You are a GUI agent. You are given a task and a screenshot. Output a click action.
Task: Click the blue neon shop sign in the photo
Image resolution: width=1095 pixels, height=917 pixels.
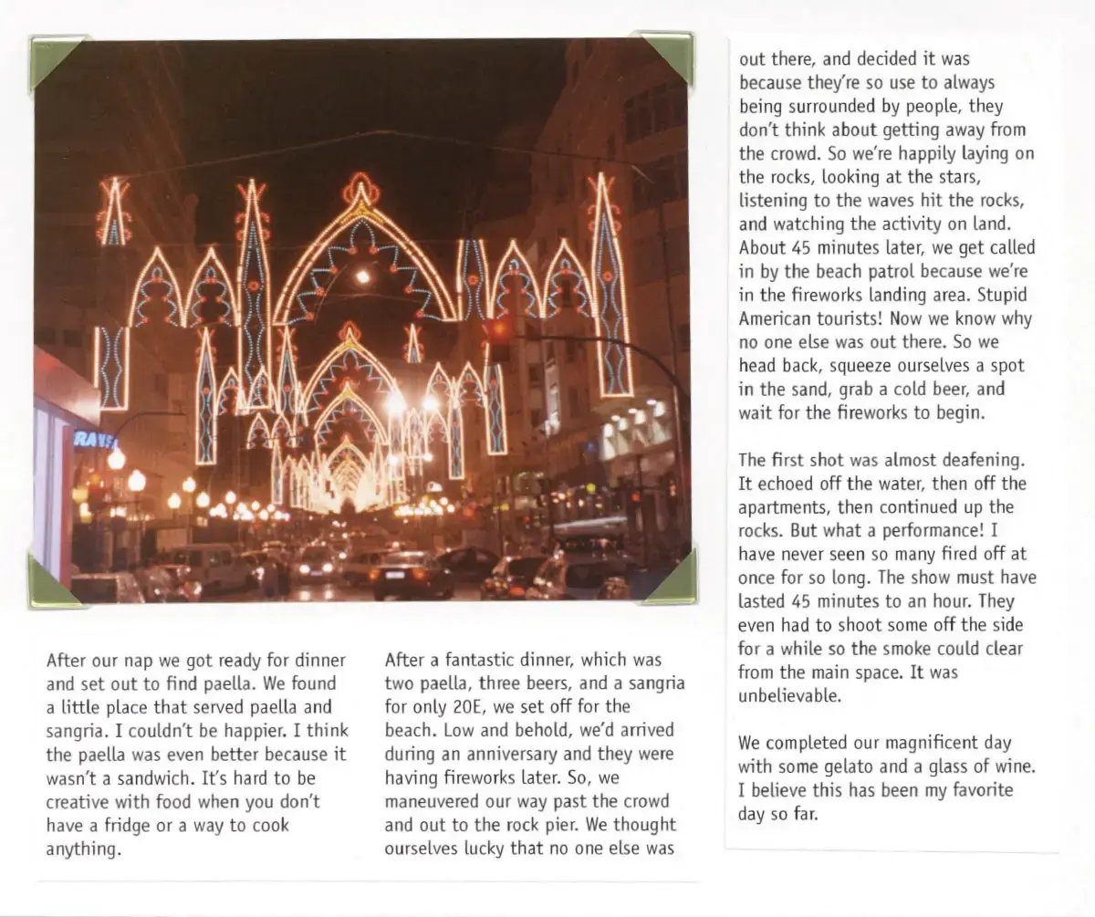tap(96, 439)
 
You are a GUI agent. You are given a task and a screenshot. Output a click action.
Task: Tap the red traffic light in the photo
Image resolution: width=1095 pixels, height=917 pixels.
tap(498, 331)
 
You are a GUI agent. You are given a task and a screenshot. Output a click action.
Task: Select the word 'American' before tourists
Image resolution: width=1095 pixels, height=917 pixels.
tap(776, 319)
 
